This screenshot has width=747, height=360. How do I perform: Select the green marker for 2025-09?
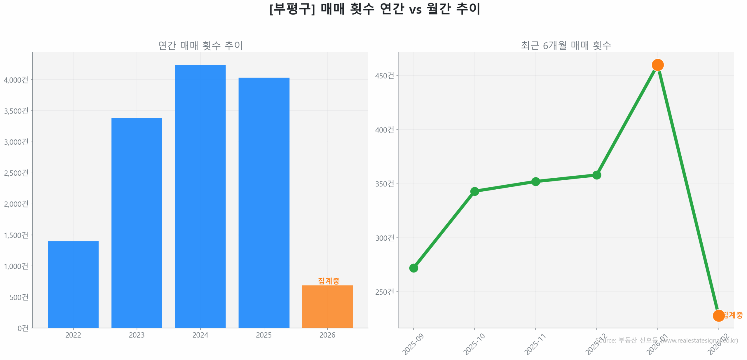413,268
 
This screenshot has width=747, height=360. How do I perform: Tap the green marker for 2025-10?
474,191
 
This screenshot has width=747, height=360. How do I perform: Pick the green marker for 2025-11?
535,181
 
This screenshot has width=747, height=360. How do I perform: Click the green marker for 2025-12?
596,175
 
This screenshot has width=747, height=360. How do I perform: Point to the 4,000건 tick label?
16,80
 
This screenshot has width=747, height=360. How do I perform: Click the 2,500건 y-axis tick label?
16,173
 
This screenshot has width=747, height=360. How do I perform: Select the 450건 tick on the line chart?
384,76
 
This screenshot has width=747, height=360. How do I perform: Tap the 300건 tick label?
384,238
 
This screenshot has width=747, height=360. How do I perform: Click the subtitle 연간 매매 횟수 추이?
200,45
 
